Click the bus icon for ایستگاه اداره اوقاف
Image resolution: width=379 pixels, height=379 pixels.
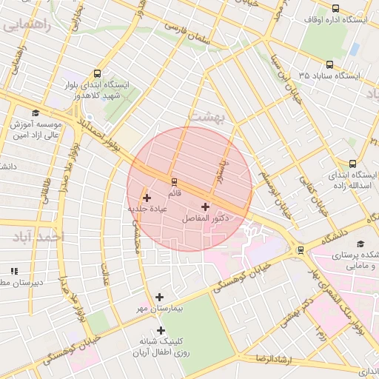point(336,8)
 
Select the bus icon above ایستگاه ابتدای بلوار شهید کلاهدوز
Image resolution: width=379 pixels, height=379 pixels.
point(98,73)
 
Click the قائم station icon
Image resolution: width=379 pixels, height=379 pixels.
point(174,181)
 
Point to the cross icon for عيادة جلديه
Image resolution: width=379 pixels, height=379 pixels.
point(147,198)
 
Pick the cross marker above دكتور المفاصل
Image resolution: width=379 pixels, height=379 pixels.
point(205,207)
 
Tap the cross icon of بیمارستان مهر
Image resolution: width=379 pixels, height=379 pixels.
point(160,297)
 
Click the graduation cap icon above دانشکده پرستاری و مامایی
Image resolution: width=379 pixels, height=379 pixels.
point(360,244)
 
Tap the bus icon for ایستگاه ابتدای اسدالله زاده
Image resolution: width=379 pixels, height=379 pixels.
point(351,164)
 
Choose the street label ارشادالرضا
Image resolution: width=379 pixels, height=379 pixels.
point(272,359)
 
